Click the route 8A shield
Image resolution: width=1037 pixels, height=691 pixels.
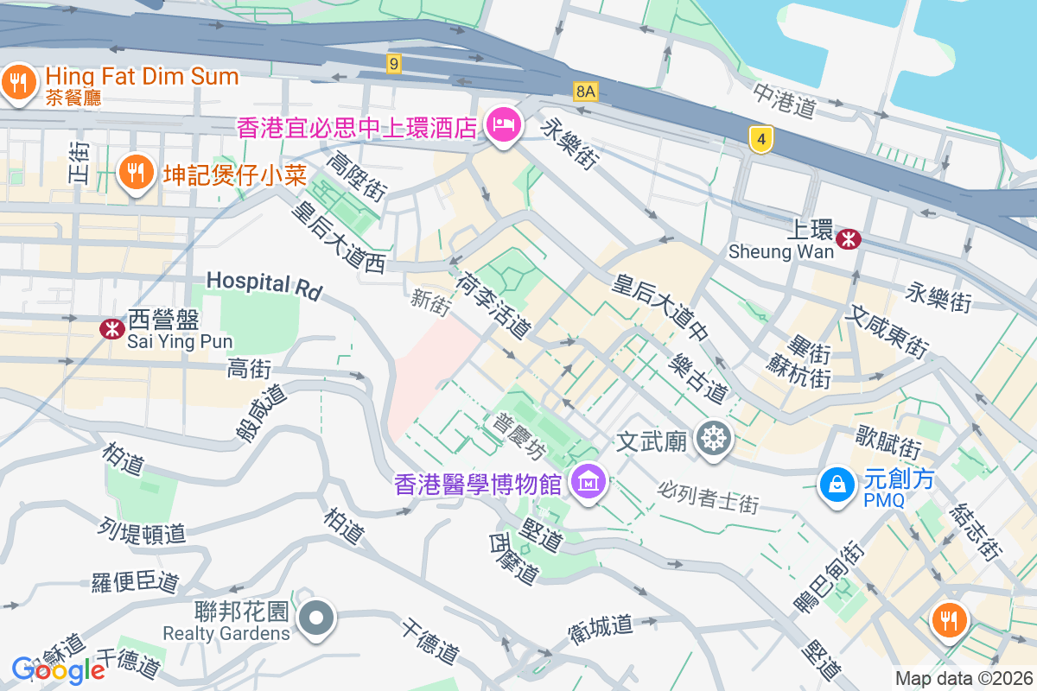pos(586,91)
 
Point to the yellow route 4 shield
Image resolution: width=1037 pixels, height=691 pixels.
pos(760,138)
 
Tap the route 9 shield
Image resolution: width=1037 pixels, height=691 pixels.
pos(394,63)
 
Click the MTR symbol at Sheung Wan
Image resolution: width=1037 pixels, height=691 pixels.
pos(849,238)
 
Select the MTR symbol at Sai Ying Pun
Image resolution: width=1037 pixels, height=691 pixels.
pos(111,329)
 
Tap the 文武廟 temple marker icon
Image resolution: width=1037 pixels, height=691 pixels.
pos(714,440)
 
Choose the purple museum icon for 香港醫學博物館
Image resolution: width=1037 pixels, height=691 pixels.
pos(589,482)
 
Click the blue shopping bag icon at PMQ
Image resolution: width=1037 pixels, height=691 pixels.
pos(836,485)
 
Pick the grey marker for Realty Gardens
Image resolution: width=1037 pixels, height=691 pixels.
pos(317,618)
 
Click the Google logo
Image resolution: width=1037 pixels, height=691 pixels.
pos(58,669)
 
